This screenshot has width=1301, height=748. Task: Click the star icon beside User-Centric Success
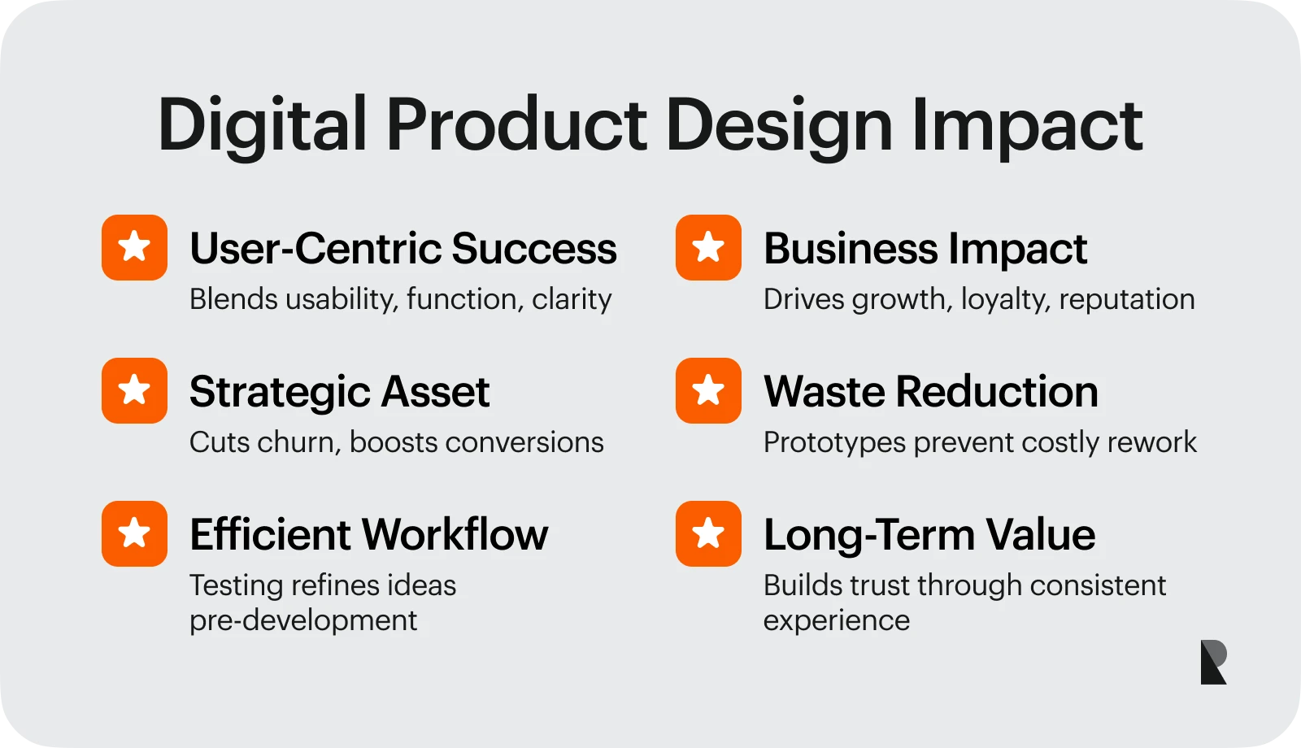(x=134, y=247)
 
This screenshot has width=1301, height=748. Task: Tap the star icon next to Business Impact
(x=708, y=247)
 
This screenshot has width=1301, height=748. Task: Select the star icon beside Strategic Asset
(x=134, y=390)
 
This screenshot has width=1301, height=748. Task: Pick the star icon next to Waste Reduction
(x=708, y=390)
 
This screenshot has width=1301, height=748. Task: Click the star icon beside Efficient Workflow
(x=134, y=533)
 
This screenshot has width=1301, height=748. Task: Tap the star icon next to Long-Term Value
(x=708, y=533)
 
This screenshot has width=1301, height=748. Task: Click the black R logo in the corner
(x=1213, y=662)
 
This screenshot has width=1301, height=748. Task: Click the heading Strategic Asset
(x=339, y=392)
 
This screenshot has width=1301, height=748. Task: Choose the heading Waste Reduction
(x=930, y=392)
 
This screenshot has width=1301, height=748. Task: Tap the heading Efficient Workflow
(x=368, y=535)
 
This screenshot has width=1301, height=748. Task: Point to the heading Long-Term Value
(x=929, y=535)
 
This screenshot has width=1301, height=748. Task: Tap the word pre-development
(x=302, y=620)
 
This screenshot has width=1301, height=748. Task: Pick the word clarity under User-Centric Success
(x=572, y=300)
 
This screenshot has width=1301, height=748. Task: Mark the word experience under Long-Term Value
(x=836, y=621)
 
